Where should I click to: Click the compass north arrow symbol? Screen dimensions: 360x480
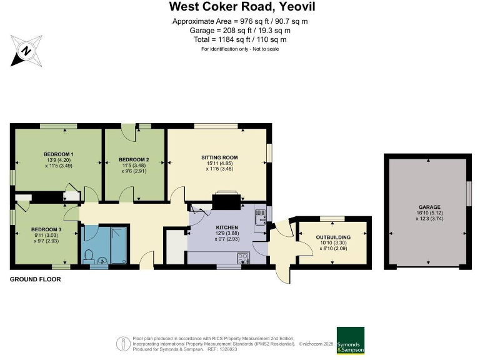coord(26,49)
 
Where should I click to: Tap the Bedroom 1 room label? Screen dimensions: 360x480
coord(59,154)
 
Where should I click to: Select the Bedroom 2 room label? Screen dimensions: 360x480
coord(134,159)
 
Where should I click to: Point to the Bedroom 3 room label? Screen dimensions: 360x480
coord(46,229)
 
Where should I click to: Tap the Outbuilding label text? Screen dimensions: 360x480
coord(332,237)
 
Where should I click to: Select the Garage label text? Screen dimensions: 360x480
coord(429,207)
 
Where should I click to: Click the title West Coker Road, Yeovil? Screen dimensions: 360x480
coord(240,7)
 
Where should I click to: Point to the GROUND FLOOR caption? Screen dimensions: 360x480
coord(35,279)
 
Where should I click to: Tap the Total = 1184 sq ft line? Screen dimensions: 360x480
coord(240,39)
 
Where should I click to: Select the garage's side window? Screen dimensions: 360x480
coord(469,193)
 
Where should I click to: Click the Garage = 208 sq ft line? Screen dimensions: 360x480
coord(240,30)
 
